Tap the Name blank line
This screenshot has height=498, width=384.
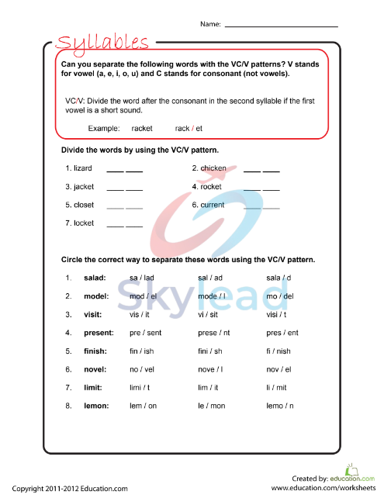point(282,26)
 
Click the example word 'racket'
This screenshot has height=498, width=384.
point(142,128)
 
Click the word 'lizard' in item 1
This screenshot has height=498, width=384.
point(83,168)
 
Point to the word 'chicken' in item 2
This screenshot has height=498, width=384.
point(213,168)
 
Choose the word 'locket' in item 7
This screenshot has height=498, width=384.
point(84,223)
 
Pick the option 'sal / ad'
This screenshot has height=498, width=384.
point(210,278)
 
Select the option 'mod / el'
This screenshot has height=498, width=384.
point(144,296)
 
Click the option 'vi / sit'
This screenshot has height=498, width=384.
point(210,314)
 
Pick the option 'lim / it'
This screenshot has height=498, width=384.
point(209,387)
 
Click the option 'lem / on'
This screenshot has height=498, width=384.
point(143,405)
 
